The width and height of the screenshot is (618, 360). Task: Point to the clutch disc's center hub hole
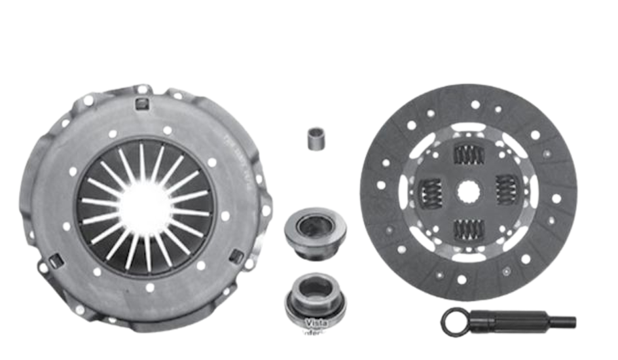click(x=468, y=192)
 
